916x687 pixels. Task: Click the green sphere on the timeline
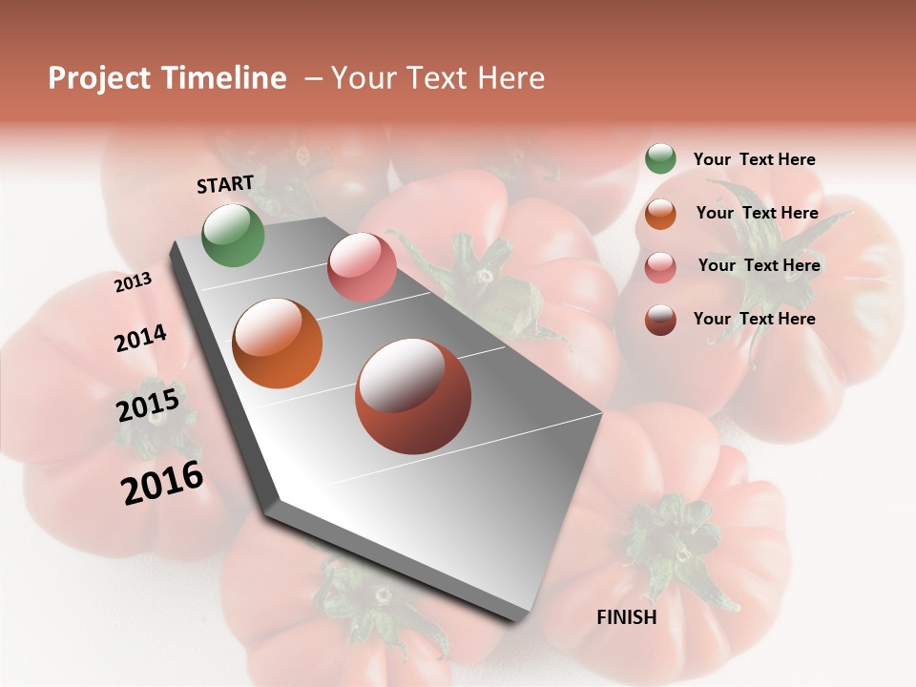[234, 235]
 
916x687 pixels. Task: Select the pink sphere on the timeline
[362, 267]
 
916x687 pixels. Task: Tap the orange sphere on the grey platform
[278, 343]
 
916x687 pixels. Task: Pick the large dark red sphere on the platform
[413, 396]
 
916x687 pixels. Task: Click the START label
[225, 184]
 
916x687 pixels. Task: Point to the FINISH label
[627, 617]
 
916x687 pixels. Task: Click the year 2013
[134, 282]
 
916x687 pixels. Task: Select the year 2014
[140, 338]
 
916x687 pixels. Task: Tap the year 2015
[148, 406]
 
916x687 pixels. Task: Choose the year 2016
[162, 483]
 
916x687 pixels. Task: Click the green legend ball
[660, 158]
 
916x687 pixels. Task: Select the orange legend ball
[660, 214]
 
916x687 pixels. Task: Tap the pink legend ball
[660, 267]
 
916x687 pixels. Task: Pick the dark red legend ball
[660, 320]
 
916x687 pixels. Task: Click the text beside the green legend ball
[755, 159]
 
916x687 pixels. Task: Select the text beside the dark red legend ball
[755, 319]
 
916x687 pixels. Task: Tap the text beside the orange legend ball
[758, 213]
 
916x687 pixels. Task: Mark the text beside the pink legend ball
[760, 265]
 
